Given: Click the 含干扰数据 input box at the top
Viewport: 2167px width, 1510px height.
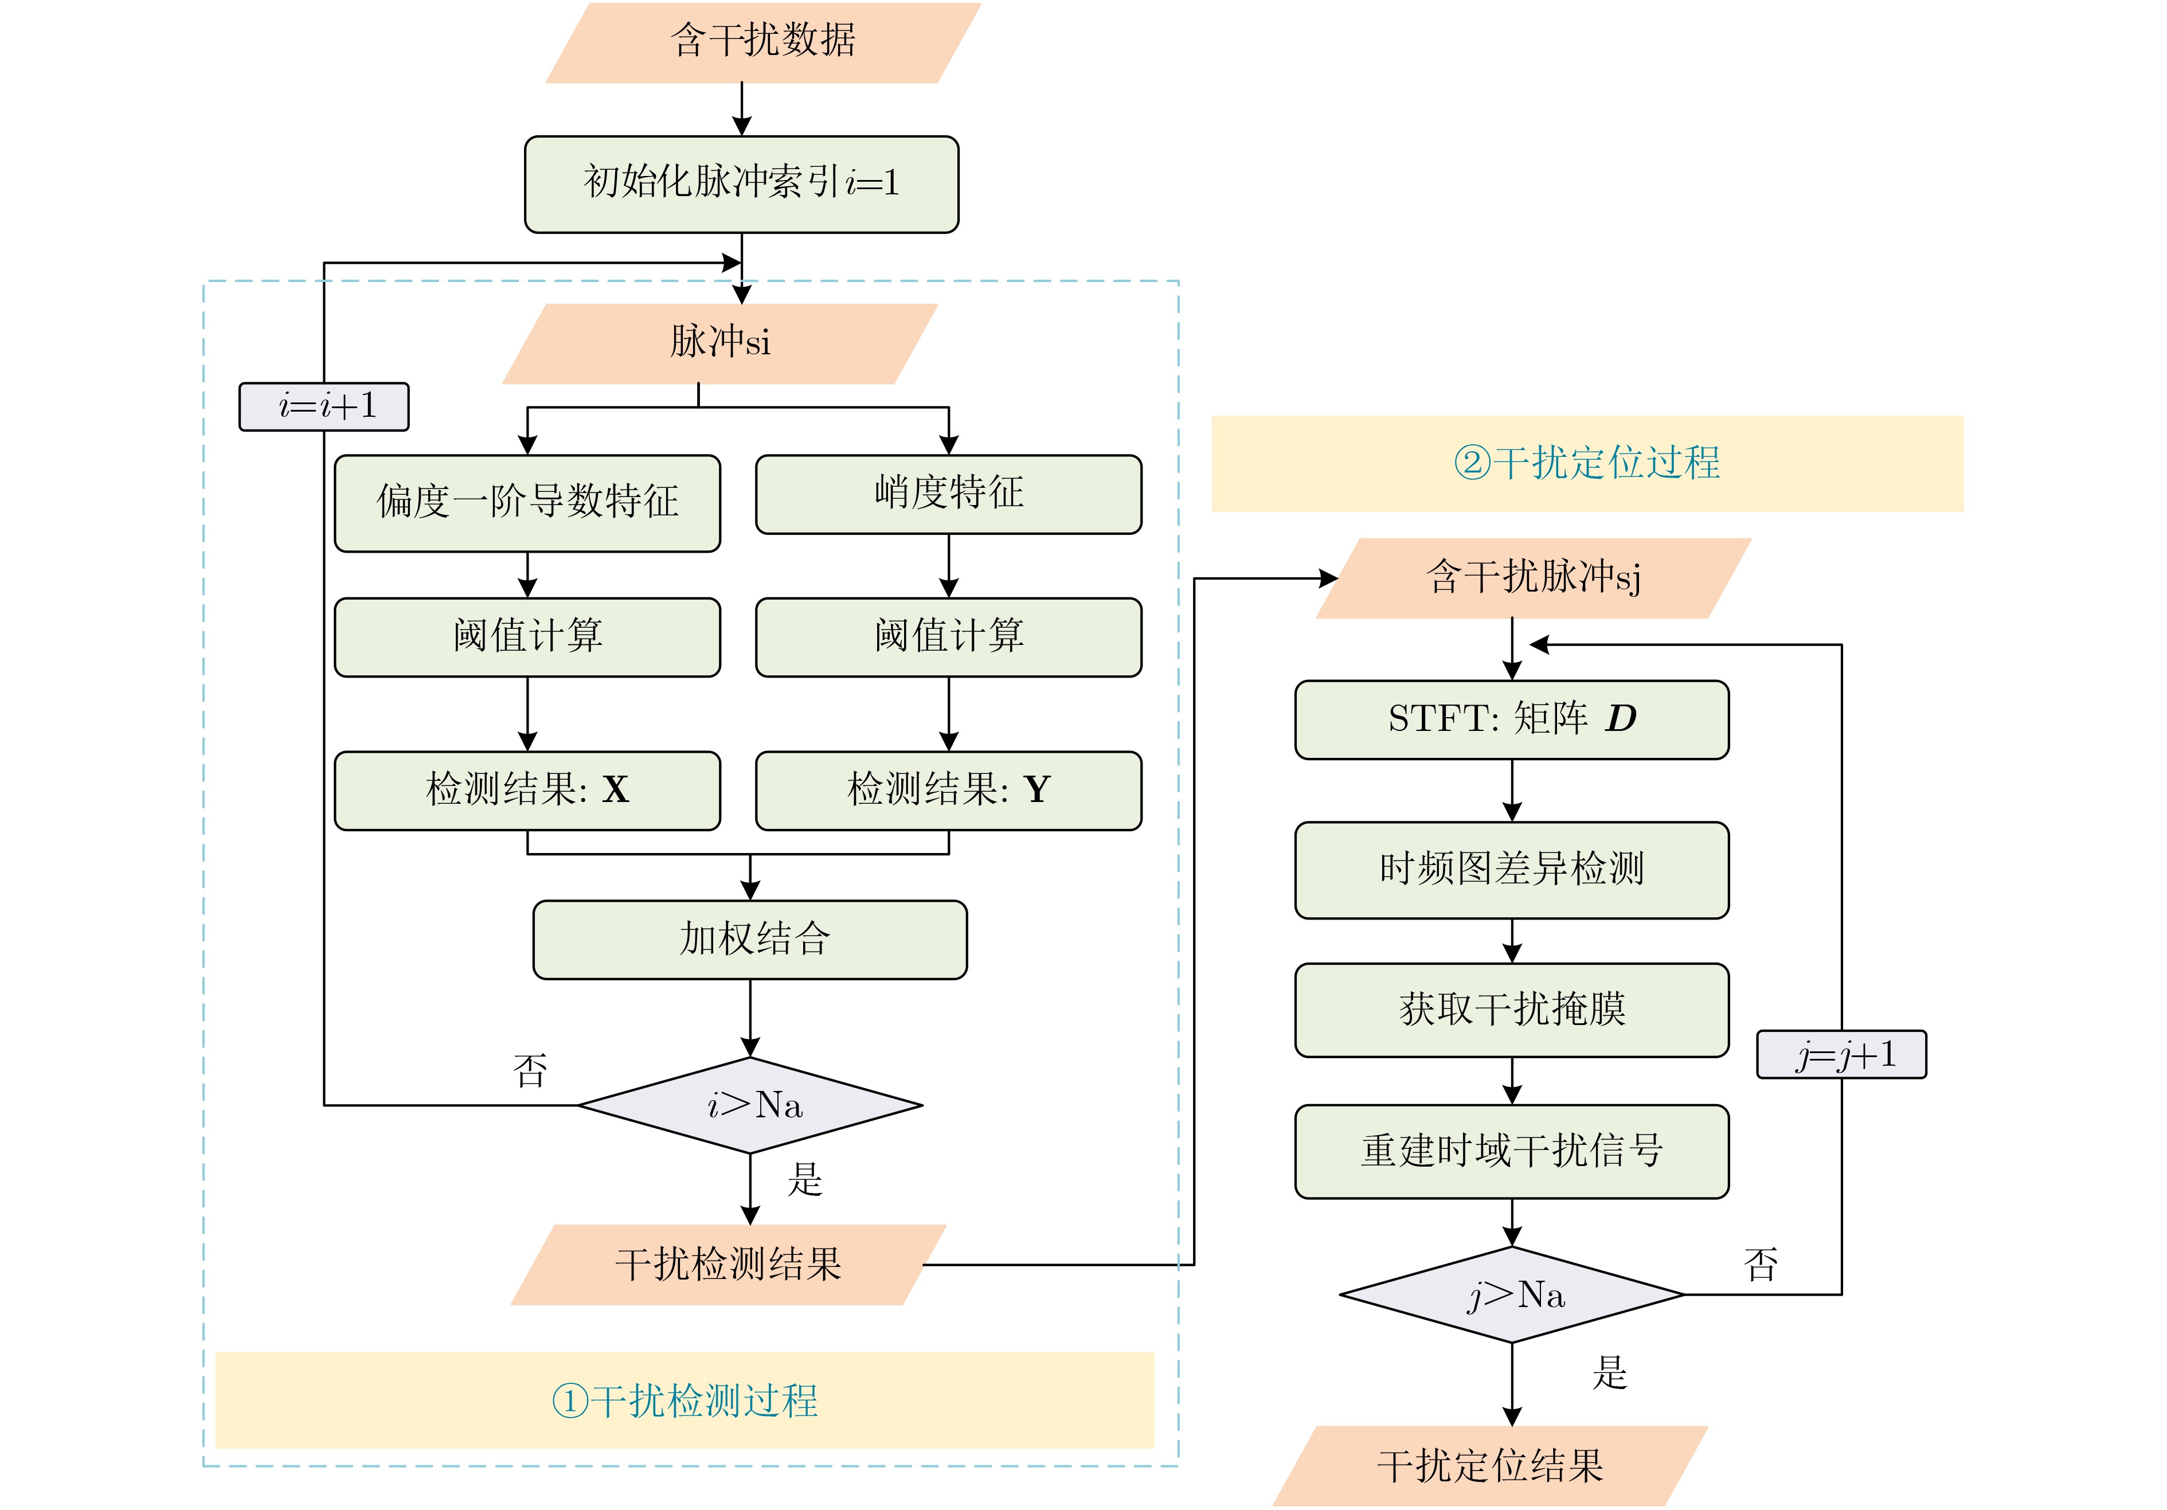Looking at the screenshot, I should point(762,42).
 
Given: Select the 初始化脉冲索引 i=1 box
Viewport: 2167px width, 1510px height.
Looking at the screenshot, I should point(742,184).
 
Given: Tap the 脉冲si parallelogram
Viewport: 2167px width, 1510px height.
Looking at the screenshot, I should point(720,343).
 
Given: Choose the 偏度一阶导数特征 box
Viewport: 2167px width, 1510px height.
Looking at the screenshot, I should point(527,503).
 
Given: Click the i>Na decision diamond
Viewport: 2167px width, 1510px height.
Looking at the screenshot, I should point(750,1105).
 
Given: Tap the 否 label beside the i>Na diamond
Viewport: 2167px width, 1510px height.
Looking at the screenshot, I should point(530,1071).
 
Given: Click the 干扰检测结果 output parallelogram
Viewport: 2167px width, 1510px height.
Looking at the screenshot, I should point(727,1265).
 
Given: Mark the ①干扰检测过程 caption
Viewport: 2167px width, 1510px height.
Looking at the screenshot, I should point(684,1401).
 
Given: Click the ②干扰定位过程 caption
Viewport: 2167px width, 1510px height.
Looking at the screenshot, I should point(1587,463).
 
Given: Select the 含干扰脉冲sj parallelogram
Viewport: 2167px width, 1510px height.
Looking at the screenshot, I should point(1534,578).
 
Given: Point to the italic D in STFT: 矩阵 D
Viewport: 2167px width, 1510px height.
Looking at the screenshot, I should point(1621,719).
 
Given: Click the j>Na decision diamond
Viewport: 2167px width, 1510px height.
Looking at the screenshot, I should point(1512,1295).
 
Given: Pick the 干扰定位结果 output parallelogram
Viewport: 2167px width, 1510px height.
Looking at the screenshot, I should point(1491,1466).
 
